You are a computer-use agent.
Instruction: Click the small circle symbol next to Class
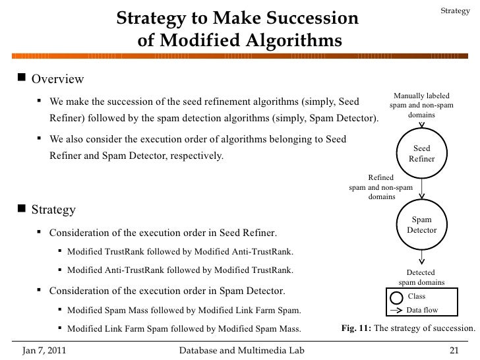[x=396, y=297]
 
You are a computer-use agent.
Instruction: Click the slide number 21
[x=453, y=348]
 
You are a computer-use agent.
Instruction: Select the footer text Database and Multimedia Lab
[x=241, y=348]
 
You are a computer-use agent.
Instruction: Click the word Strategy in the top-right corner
[x=455, y=11]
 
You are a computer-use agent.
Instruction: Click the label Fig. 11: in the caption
[x=356, y=328]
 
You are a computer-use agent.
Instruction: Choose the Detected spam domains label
[x=421, y=277]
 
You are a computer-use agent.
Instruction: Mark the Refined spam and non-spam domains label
[x=381, y=187]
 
